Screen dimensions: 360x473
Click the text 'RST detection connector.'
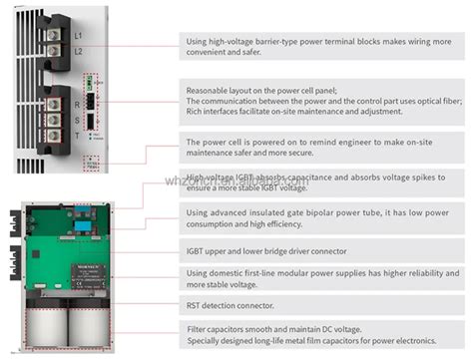230,304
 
